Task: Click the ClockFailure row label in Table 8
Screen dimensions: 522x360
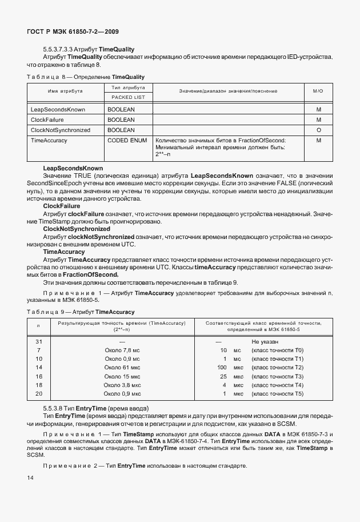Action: tap(47, 119)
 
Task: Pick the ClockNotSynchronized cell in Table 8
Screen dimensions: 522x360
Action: tap(61, 130)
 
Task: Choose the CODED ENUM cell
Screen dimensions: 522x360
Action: tap(127, 140)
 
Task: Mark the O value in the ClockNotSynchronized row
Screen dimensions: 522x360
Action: tap(318, 130)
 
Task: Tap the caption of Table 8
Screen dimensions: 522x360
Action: tap(86, 77)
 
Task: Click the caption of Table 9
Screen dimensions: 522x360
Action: tap(81, 312)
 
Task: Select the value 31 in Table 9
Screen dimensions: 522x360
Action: tap(39, 341)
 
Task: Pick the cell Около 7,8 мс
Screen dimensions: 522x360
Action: tap(123, 350)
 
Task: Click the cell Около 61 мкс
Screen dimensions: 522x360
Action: tap(123, 367)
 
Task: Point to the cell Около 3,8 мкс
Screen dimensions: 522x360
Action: tap(123, 385)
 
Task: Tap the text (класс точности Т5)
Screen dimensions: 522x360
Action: tap(278, 394)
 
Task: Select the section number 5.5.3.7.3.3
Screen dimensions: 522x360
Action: tap(62, 50)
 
